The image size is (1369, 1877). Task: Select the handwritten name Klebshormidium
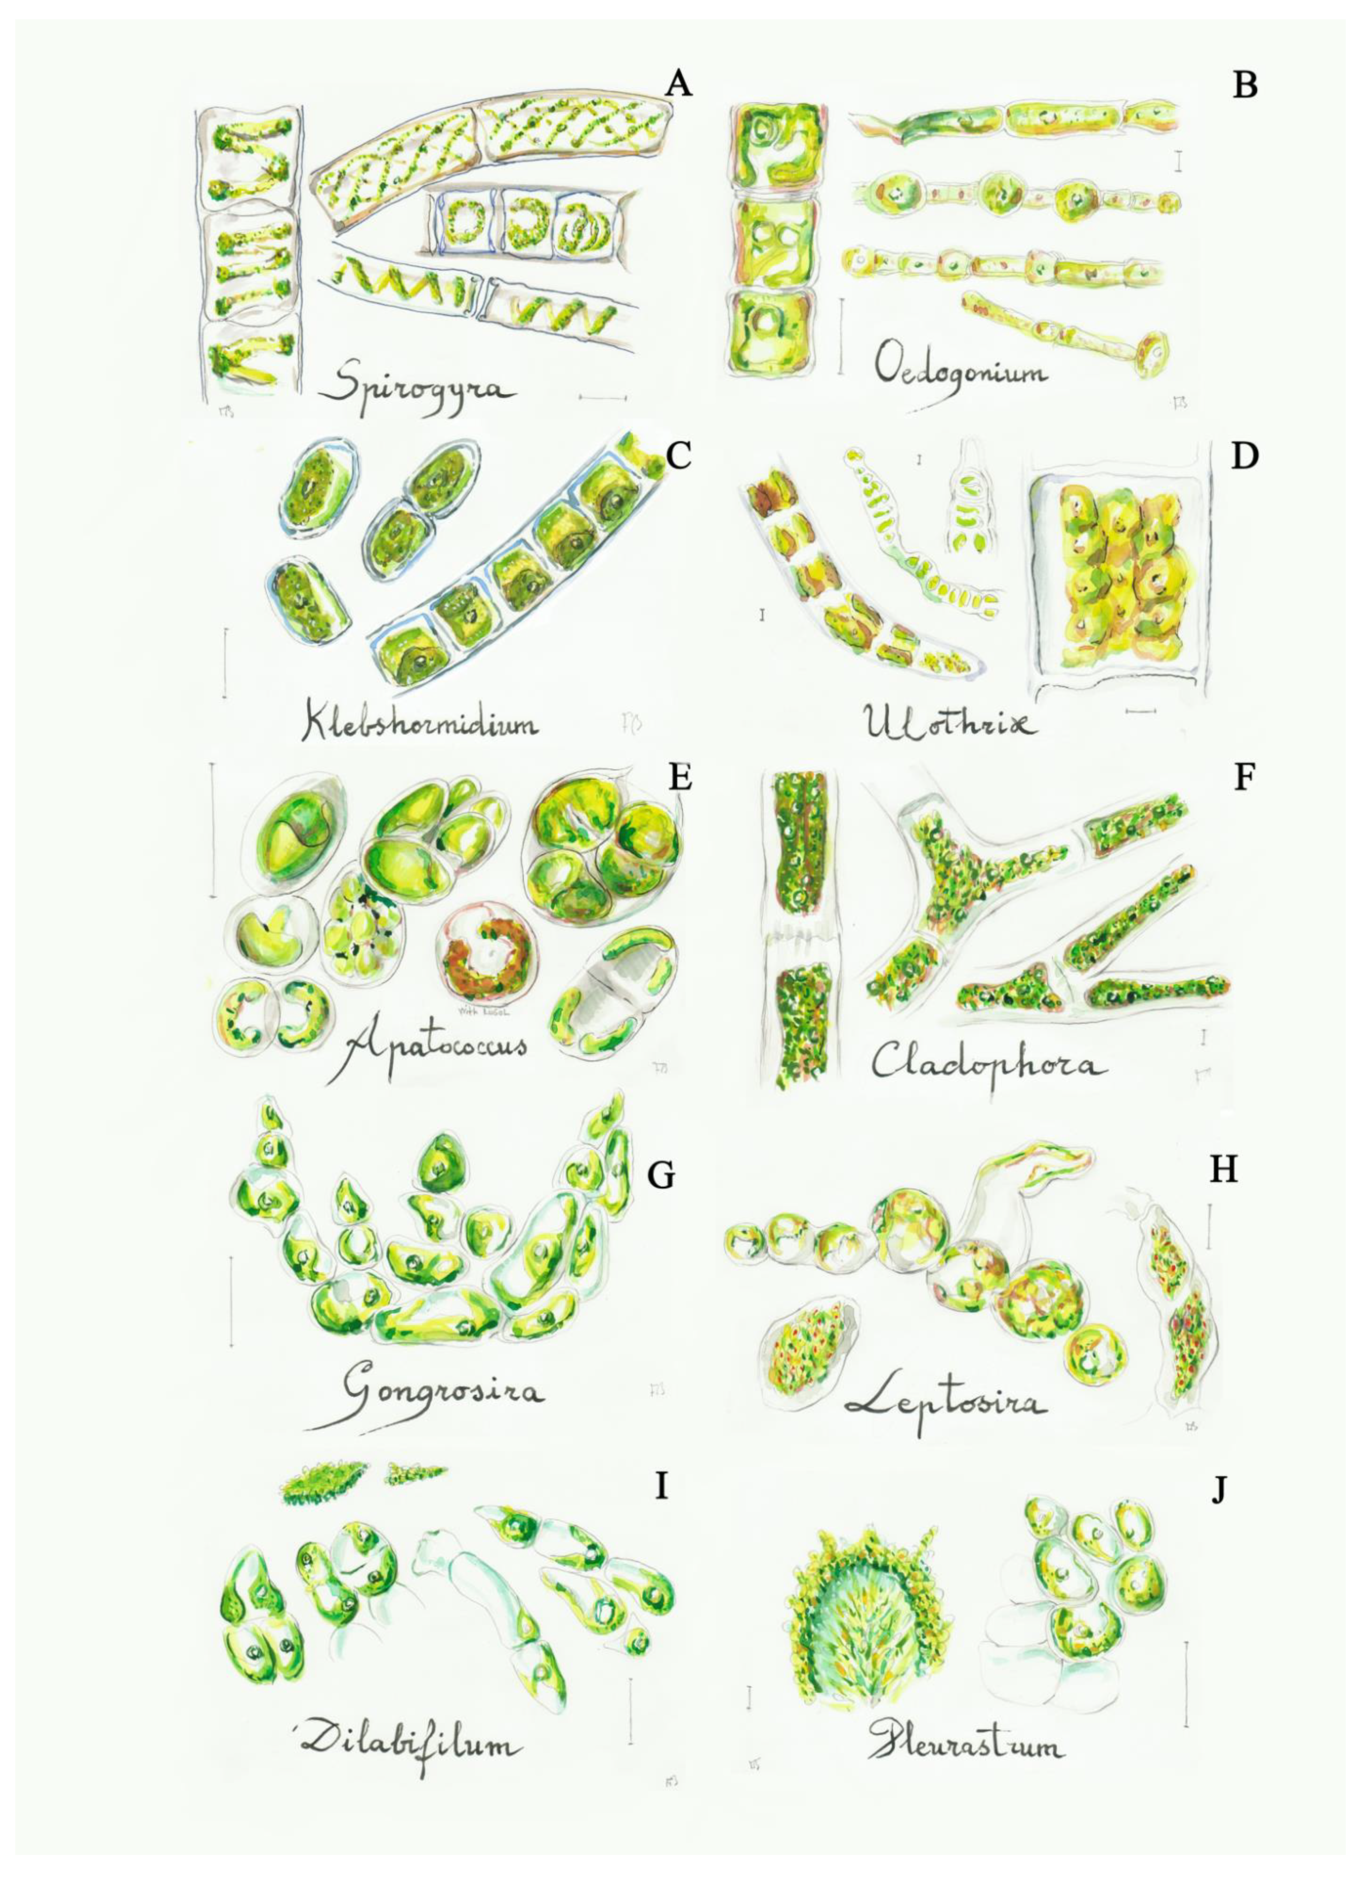point(419,723)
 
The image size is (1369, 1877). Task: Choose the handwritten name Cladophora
point(986,1063)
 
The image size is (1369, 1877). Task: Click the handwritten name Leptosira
point(945,1401)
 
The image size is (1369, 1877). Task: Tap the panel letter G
point(661,1175)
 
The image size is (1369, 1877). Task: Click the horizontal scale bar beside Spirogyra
point(602,398)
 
